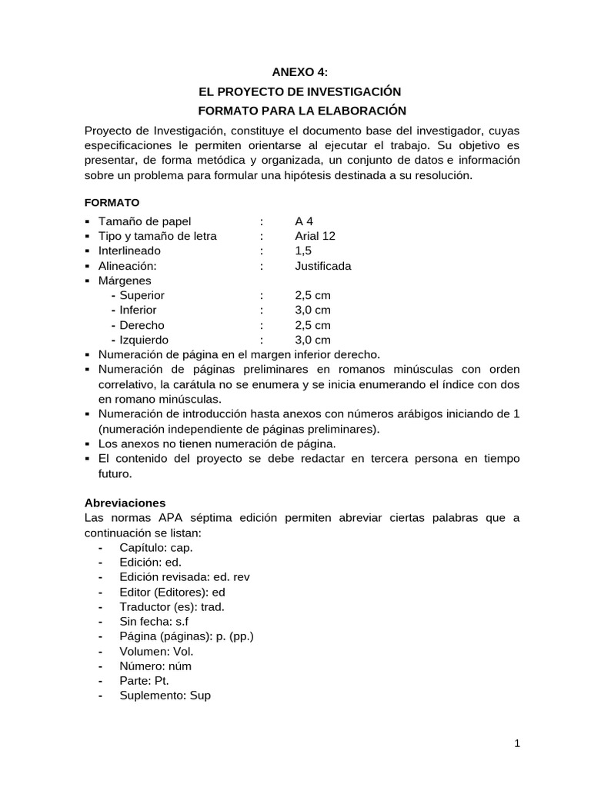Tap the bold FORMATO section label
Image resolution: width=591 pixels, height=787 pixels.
pyautogui.click(x=112, y=203)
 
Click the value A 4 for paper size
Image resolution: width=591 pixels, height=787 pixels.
pyautogui.click(x=303, y=221)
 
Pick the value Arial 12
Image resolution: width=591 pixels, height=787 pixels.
pyautogui.click(x=315, y=236)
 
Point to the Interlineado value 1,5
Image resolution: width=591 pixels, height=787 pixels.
pyautogui.click(x=303, y=251)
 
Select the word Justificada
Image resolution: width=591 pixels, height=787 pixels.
pyautogui.click(x=322, y=266)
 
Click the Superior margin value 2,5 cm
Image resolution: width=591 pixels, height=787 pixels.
pyautogui.click(x=312, y=295)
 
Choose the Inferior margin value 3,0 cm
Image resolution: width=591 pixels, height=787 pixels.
pyautogui.click(x=312, y=310)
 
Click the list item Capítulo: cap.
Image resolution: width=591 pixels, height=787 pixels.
pyautogui.click(x=156, y=547)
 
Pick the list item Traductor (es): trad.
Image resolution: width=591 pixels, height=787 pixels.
pyautogui.click(x=172, y=606)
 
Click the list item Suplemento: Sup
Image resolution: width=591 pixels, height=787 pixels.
pyautogui.click(x=165, y=696)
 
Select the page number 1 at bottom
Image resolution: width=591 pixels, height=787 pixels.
pyautogui.click(x=518, y=743)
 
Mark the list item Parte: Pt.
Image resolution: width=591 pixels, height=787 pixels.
pyautogui.click(x=144, y=681)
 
